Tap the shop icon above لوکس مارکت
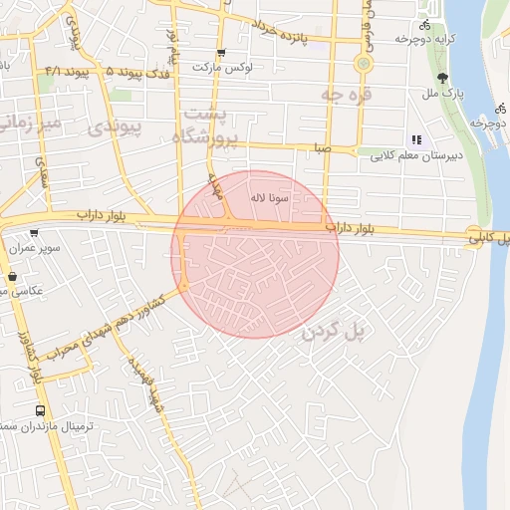coord(221,52)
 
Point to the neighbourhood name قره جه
coord(345,93)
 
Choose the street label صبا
coord(321,147)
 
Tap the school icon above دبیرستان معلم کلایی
coord(416,140)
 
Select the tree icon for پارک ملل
coord(442,78)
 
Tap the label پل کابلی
coord(494,235)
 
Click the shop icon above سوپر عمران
coord(34,232)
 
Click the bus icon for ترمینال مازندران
coord(40,410)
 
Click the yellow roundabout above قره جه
coord(363,63)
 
